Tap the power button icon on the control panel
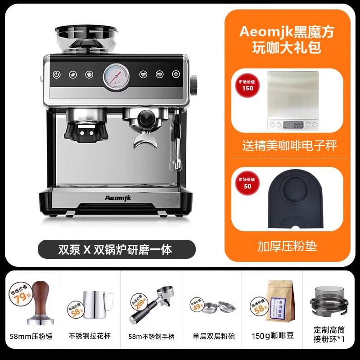[x=57, y=75]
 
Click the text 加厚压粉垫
[x=287, y=246]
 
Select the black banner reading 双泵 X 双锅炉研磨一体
[x=116, y=249]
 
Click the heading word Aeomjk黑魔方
[x=287, y=31]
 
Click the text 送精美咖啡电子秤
[x=290, y=145]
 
